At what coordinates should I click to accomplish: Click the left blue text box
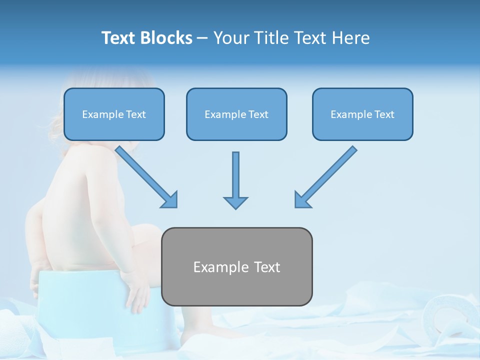tap(114, 114)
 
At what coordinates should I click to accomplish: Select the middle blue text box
tap(236, 114)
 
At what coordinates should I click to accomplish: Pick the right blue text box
tap(362, 114)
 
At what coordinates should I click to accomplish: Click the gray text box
tap(237, 266)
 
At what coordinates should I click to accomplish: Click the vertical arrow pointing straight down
tap(235, 180)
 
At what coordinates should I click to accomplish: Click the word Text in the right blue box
tap(384, 114)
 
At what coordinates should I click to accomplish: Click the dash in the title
tap(202, 38)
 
